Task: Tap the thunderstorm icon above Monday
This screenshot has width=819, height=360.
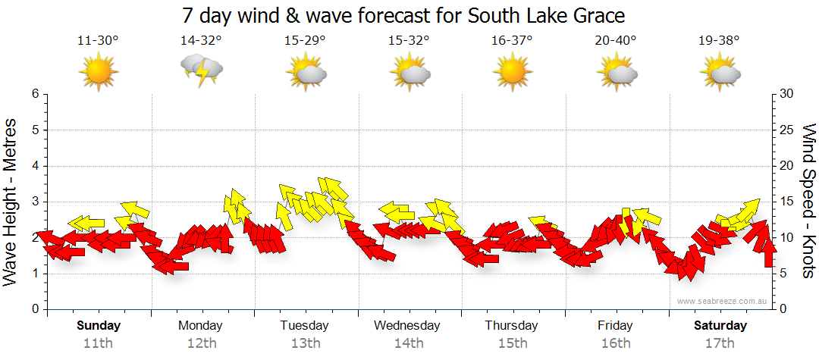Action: pyautogui.click(x=201, y=71)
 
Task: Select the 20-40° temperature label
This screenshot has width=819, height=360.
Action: pyautogui.click(x=615, y=41)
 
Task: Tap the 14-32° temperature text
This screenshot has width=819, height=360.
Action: pyautogui.click(x=201, y=41)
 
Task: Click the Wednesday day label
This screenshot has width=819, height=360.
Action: pyautogui.click(x=407, y=326)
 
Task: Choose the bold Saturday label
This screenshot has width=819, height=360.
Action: pyautogui.click(x=720, y=326)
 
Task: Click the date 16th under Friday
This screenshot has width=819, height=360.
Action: pyautogui.click(x=615, y=343)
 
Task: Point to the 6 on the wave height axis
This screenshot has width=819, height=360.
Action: pyautogui.click(x=34, y=94)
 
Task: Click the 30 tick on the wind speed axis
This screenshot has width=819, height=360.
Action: pyautogui.click(x=786, y=94)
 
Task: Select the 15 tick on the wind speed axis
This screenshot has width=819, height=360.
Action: pyautogui.click(x=786, y=202)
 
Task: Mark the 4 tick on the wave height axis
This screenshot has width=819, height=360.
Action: pyautogui.click(x=34, y=166)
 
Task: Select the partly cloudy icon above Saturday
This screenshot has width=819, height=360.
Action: pyautogui.click(x=720, y=73)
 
